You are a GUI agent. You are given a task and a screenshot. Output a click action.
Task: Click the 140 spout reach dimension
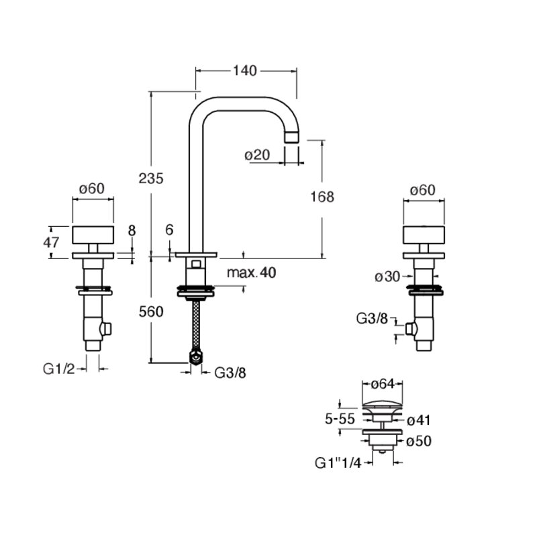click(244, 70)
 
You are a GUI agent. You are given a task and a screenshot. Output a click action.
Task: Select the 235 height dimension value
click(151, 179)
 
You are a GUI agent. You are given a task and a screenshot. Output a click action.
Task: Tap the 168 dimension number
click(322, 197)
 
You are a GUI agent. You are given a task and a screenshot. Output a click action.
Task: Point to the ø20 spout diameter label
click(257, 155)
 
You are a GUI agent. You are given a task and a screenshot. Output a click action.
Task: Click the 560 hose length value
click(151, 311)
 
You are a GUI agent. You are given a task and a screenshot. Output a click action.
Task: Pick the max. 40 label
click(251, 273)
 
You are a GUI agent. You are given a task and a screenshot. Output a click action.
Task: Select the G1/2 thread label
click(58, 369)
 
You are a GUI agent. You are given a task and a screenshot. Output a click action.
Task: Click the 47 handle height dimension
click(51, 242)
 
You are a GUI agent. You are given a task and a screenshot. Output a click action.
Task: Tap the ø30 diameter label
click(387, 277)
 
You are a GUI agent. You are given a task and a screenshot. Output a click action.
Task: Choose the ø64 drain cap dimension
click(383, 384)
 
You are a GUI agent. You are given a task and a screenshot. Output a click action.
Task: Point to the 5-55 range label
click(340, 419)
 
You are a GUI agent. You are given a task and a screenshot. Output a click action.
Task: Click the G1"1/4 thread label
click(338, 463)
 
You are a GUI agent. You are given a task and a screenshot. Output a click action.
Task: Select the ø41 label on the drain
click(418, 420)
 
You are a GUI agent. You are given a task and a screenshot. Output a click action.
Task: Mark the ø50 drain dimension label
click(419, 441)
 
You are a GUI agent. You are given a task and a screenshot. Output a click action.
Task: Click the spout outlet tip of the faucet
click(292, 137)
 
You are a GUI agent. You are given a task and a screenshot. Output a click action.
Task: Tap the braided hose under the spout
click(196, 326)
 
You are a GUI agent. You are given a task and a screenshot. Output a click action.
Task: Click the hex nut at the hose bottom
click(195, 358)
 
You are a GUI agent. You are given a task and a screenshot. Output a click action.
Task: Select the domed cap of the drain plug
click(382, 405)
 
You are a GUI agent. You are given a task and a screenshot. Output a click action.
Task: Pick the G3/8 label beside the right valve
click(372, 319)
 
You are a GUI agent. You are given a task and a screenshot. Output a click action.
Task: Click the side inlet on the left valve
click(106, 329)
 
